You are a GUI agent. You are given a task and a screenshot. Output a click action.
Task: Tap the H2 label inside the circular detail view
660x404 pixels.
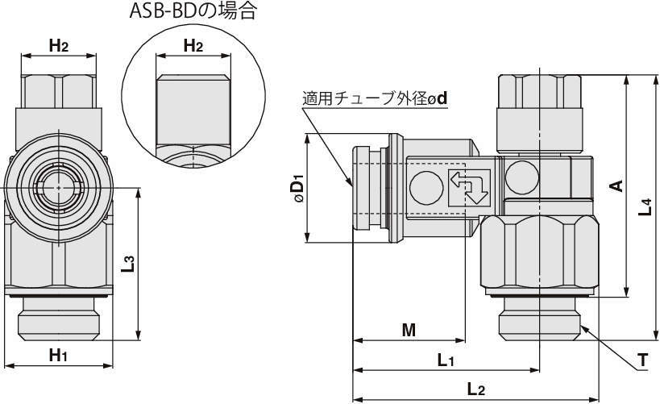(x=193, y=46)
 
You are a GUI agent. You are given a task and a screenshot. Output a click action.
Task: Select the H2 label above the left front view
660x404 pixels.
(x=58, y=46)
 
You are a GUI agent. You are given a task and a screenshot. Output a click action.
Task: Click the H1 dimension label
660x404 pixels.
(x=58, y=354)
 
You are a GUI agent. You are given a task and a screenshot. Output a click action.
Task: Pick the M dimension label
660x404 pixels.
(x=409, y=329)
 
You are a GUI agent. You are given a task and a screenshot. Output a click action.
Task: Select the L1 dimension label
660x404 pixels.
(x=446, y=360)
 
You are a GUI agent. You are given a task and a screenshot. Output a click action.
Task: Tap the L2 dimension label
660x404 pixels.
(x=475, y=390)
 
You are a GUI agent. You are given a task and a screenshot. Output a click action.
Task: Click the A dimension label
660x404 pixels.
(x=616, y=186)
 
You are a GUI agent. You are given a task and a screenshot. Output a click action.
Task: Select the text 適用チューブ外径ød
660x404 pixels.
(x=375, y=99)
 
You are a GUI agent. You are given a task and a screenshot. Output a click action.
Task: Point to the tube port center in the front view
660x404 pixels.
(x=58, y=186)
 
